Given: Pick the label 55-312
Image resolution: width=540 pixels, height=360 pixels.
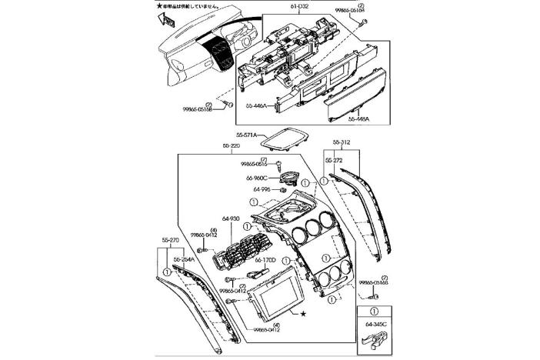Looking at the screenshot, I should click(x=342, y=142).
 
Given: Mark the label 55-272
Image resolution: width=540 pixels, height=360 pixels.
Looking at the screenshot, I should click(x=334, y=160).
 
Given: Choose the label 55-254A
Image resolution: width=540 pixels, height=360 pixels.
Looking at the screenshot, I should click(x=185, y=260).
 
